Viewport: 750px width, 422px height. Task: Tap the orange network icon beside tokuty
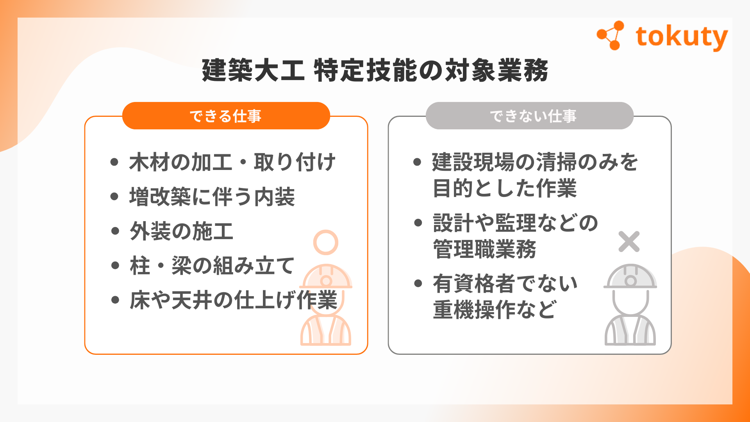(610, 36)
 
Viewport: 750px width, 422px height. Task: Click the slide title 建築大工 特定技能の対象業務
(375, 70)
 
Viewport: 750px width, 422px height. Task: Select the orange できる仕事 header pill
(226, 116)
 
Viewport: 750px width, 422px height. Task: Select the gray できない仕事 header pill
(530, 116)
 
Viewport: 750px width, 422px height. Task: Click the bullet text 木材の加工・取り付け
(232, 162)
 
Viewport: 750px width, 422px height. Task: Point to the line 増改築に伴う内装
(212, 197)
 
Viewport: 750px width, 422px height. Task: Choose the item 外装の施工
(181, 231)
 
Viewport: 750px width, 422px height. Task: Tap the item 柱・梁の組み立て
(212, 266)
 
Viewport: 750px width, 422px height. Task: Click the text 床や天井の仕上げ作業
(233, 300)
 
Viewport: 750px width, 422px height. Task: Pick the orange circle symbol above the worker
(325, 243)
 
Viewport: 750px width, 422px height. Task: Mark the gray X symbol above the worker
(629, 241)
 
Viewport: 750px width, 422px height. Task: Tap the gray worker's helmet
(630, 277)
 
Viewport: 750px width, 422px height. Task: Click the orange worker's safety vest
(326, 331)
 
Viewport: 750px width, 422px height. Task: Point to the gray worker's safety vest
(630, 331)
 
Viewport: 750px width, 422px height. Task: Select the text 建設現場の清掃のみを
(535, 162)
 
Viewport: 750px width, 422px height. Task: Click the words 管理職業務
(485, 249)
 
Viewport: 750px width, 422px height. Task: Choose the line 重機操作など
(495, 310)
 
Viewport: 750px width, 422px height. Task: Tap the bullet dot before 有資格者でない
(418, 283)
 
